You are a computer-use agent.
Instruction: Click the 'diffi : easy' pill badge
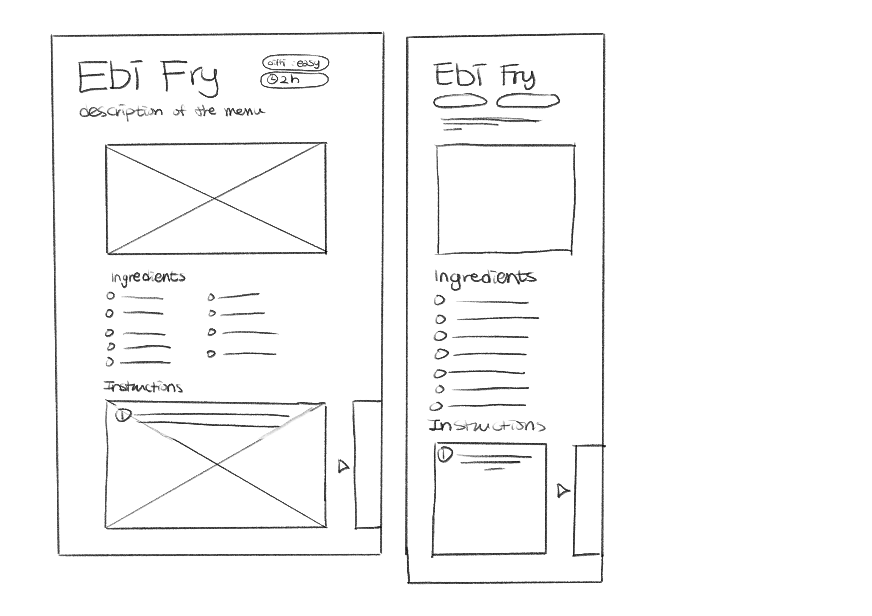(295, 63)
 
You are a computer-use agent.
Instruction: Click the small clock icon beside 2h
(272, 79)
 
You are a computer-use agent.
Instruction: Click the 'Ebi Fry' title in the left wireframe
(148, 77)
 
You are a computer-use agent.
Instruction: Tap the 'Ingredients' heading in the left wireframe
(148, 277)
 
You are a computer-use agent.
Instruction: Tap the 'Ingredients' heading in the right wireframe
(485, 277)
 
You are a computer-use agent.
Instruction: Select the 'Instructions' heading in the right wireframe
(487, 425)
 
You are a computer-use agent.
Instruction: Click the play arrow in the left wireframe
(343, 466)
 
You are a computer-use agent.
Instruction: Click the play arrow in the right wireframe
(563, 491)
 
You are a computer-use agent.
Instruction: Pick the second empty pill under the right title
(528, 101)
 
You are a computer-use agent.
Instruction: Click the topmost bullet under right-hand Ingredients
(439, 301)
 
